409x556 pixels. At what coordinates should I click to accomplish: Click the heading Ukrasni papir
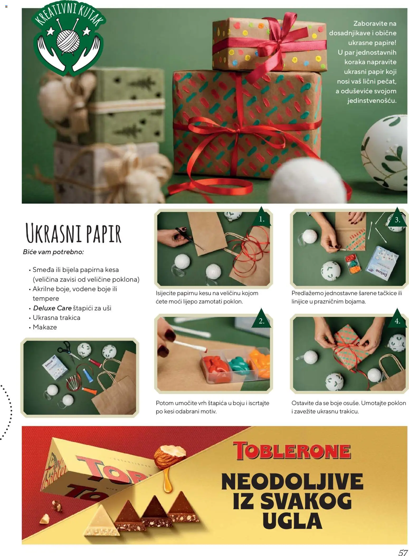[73, 233]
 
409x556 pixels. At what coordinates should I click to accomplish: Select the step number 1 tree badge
[261, 217]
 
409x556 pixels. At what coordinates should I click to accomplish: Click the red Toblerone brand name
[292, 451]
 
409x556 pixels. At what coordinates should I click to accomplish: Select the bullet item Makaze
[45, 327]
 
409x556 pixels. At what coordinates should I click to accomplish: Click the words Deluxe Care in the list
[52, 308]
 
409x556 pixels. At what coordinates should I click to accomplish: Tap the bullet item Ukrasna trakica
[56, 318]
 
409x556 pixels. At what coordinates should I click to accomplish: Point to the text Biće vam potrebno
[53, 252]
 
